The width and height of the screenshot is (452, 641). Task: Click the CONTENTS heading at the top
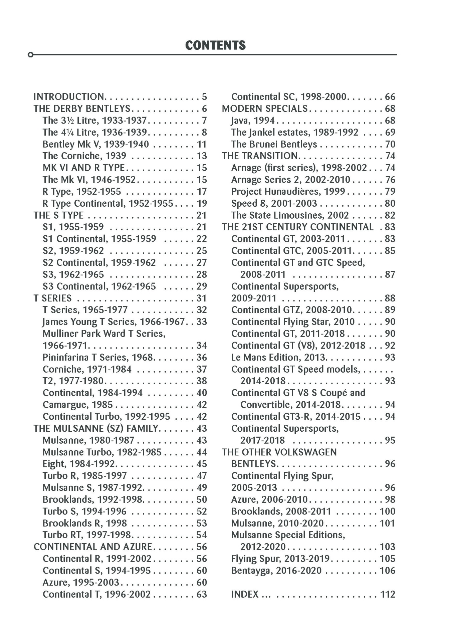coord(215,45)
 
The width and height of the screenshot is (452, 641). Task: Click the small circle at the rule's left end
coord(30,55)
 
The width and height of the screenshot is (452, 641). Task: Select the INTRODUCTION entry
coord(69,97)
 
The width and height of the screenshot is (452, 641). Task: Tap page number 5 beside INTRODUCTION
coord(204,97)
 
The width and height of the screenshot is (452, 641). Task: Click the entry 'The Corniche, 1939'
coord(84,156)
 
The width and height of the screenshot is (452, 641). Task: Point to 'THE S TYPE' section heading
coord(58,215)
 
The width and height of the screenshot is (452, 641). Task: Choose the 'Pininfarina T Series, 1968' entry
coord(98,358)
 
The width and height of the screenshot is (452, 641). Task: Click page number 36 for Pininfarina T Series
coord(202,358)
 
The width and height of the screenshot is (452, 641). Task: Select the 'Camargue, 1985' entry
coord(78,405)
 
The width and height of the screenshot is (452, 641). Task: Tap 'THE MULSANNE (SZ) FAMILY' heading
coord(96,429)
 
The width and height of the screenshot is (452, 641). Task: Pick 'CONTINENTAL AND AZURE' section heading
coord(93,547)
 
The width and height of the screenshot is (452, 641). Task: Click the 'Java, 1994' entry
coord(253,121)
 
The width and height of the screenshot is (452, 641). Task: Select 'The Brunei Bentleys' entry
coord(274,144)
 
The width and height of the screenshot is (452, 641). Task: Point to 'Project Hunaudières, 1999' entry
coord(288,192)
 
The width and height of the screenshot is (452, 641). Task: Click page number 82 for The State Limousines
coord(390,215)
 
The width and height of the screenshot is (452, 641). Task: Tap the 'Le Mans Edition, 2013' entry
coord(278,358)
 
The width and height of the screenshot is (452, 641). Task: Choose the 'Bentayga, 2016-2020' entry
coord(276,571)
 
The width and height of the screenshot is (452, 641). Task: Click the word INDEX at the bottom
coord(245,594)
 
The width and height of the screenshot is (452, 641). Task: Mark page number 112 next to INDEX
coord(388,594)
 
